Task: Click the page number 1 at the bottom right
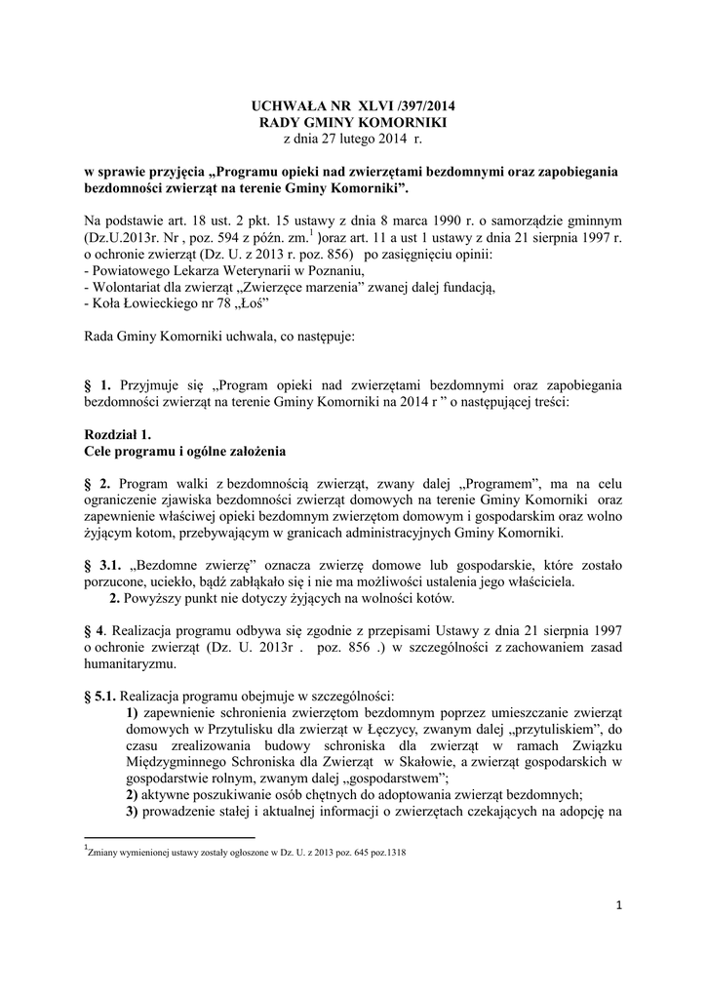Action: (618, 907)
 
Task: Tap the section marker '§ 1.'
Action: (99, 385)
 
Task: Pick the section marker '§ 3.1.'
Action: (105, 566)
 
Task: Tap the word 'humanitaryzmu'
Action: (130, 664)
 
